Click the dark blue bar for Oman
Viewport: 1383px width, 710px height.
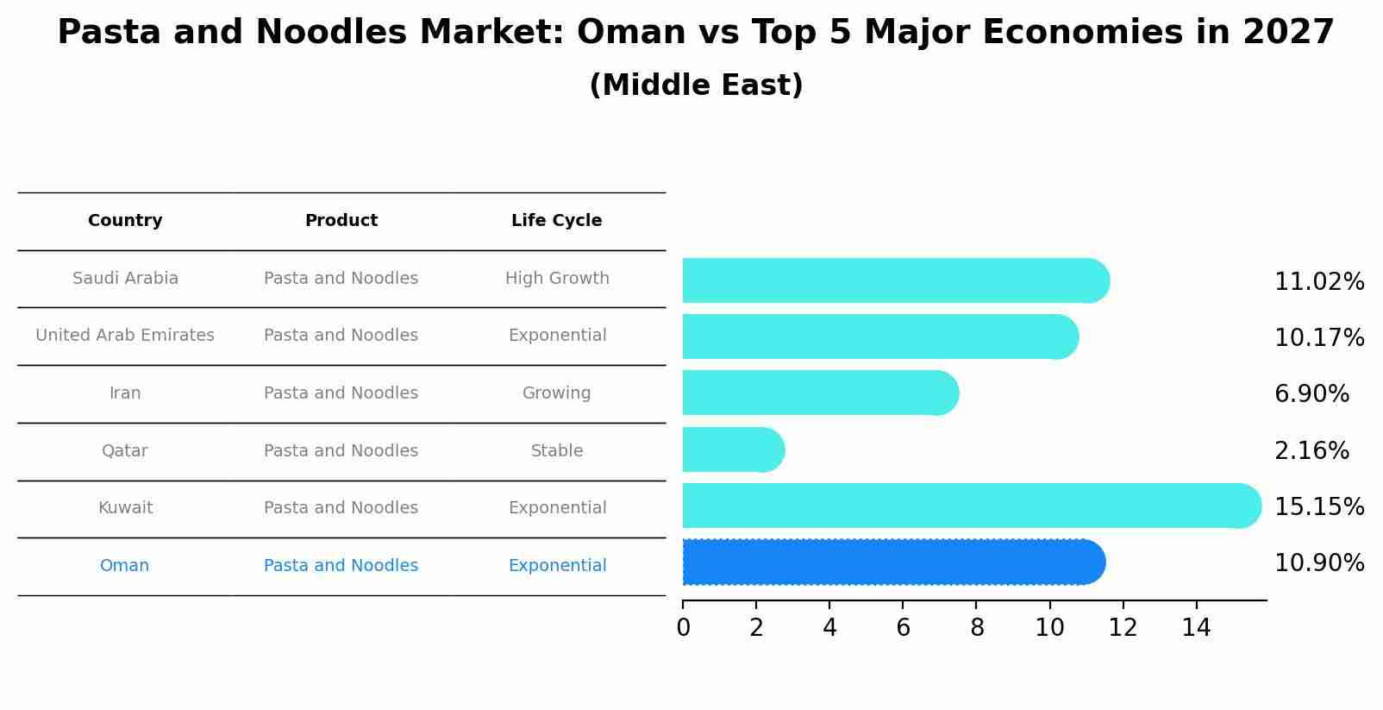point(892,562)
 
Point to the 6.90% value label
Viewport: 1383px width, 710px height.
point(1311,394)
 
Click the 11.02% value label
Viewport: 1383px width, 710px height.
point(1318,282)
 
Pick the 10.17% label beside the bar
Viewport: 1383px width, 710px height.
point(1318,338)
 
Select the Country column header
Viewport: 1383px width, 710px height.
point(125,221)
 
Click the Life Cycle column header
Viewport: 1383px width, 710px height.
point(556,221)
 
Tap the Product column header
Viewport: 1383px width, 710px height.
point(341,221)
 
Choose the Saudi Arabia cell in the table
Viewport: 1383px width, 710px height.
point(125,279)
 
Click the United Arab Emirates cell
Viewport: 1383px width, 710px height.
point(125,336)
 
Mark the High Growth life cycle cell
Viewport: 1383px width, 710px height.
point(557,279)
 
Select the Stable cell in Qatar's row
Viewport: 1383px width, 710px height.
point(557,451)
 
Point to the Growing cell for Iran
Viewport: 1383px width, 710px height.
point(556,393)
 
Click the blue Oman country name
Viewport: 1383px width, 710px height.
point(124,566)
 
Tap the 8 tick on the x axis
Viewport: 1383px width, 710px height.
point(976,628)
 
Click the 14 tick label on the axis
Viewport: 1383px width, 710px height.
point(1196,628)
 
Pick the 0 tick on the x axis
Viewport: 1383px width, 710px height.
point(683,628)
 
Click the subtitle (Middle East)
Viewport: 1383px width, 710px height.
point(696,85)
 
